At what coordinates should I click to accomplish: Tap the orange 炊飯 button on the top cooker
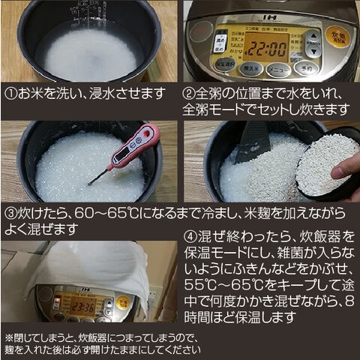click(337, 34)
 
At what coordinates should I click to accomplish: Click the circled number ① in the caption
click(10, 95)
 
